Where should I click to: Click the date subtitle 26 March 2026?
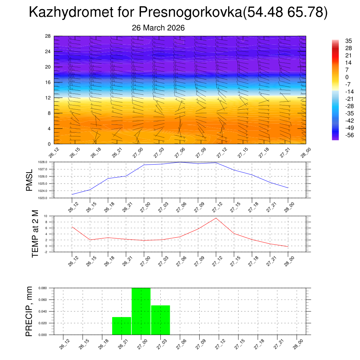tap(158, 28)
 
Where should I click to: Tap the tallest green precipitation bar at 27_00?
tap(141, 311)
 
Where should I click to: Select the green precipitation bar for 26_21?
tap(122, 326)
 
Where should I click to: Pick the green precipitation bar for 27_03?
tap(161, 320)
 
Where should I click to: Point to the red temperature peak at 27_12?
tap(216, 218)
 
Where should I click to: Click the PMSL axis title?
tap(30, 180)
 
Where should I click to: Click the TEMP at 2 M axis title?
tap(35, 233)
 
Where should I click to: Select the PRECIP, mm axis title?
tap(29, 311)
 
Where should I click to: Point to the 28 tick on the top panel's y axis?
tap(48, 36)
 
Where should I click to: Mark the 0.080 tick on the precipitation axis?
tap(43, 288)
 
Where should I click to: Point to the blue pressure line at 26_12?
tap(72, 194)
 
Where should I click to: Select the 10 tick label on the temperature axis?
tap(46, 216)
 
